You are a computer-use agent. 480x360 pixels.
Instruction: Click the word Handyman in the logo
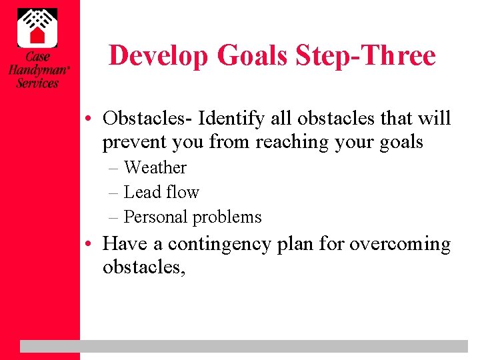click(37, 70)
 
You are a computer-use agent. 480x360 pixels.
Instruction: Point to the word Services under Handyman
click(37, 83)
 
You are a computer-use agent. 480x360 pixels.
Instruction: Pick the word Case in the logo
click(37, 57)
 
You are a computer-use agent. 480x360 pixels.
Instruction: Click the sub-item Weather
click(155, 167)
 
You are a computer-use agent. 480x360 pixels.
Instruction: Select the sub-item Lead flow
click(161, 192)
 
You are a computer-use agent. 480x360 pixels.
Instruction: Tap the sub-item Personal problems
click(193, 217)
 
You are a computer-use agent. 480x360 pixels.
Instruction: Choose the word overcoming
click(400, 244)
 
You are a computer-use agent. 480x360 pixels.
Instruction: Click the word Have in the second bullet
click(125, 244)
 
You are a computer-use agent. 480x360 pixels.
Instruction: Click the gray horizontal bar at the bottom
click(244, 346)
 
